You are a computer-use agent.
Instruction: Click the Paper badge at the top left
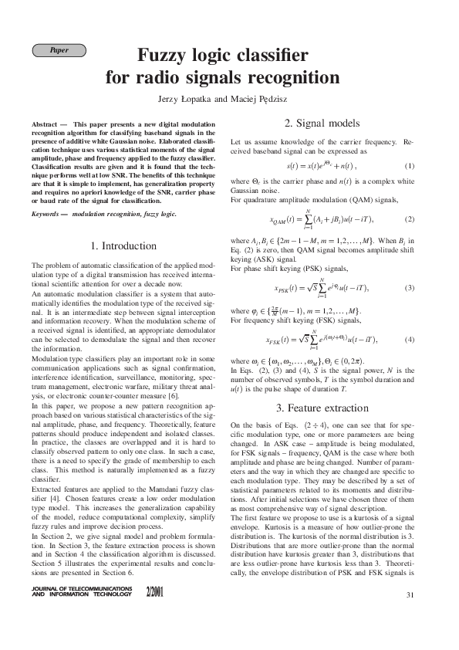59,50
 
